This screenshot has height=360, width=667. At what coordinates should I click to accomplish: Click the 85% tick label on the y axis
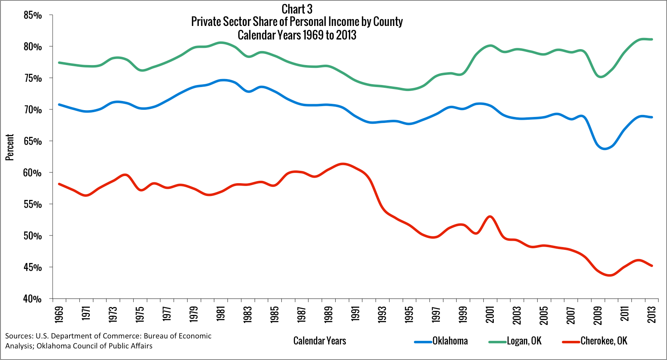tap(32, 15)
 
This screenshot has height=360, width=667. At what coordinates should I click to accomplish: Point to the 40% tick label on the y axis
tap(32, 299)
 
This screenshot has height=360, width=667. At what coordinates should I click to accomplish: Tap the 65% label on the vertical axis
tap(32, 141)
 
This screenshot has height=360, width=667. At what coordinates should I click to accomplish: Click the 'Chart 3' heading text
tap(297, 9)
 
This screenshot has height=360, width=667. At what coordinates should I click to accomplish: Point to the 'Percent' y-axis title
tap(10, 147)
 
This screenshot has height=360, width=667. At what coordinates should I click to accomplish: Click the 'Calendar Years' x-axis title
tap(319, 341)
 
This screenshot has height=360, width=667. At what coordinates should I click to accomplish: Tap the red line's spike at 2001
tap(490, 216)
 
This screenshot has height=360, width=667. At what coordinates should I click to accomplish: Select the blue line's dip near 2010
tap(605, 148)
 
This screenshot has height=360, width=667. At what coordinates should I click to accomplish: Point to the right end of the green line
tap(652, 39)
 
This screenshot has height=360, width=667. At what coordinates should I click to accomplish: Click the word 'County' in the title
tap(388, 22)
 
